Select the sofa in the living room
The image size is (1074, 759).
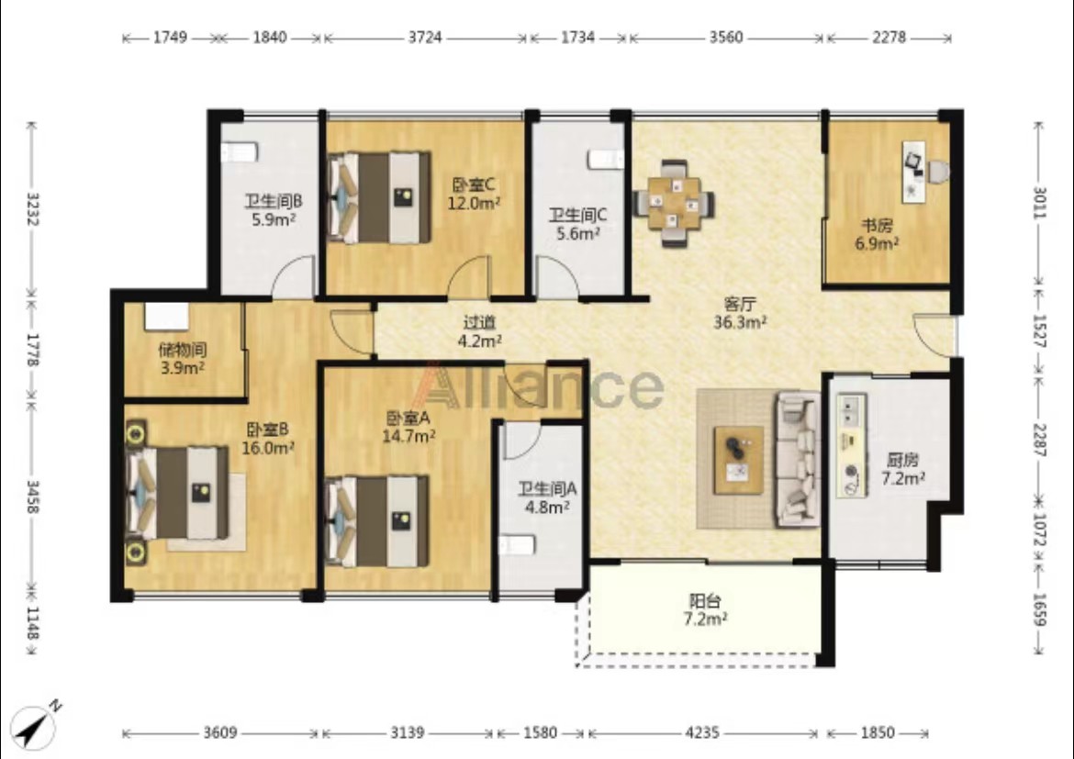point(798,458)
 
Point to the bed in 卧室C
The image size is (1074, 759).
point(379,197)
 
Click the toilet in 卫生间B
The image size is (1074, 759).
point(239,151)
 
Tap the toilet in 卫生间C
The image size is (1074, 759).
point(606,160)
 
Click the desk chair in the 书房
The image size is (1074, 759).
point(937,172)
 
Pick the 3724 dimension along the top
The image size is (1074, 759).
point(425,37)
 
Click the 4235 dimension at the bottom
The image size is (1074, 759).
point(702,733)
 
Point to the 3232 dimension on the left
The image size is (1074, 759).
point(31,209)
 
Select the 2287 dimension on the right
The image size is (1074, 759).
point(1040,441)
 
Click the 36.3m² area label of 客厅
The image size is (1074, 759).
point(740,322)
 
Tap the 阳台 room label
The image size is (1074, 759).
point(705,601)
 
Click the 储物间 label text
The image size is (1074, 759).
point(182,350)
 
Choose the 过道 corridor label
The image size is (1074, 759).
point(479,322)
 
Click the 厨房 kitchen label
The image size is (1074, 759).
point(902,461)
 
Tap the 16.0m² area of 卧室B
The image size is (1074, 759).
point(268,448)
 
